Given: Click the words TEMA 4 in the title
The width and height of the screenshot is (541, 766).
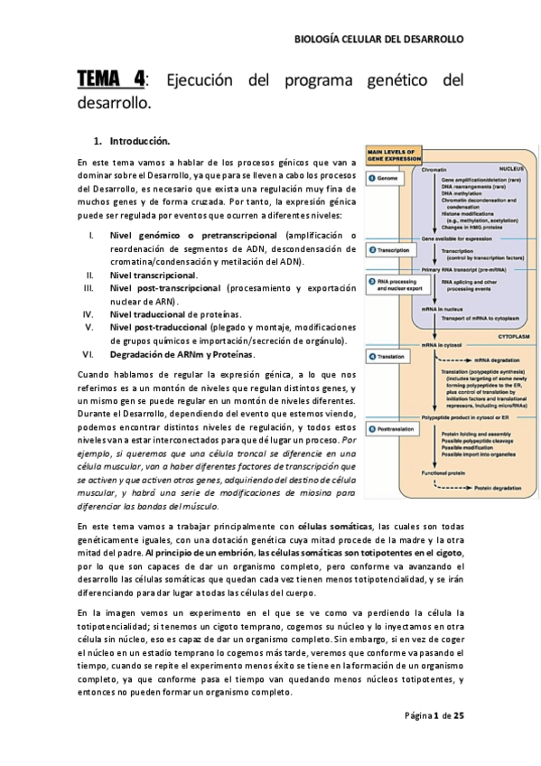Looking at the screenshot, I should [x=111, y=80].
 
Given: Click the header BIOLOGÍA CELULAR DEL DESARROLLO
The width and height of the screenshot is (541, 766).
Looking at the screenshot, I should [x=379, y=40].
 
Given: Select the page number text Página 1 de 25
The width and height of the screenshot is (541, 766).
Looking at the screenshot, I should [x=434, y=715].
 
